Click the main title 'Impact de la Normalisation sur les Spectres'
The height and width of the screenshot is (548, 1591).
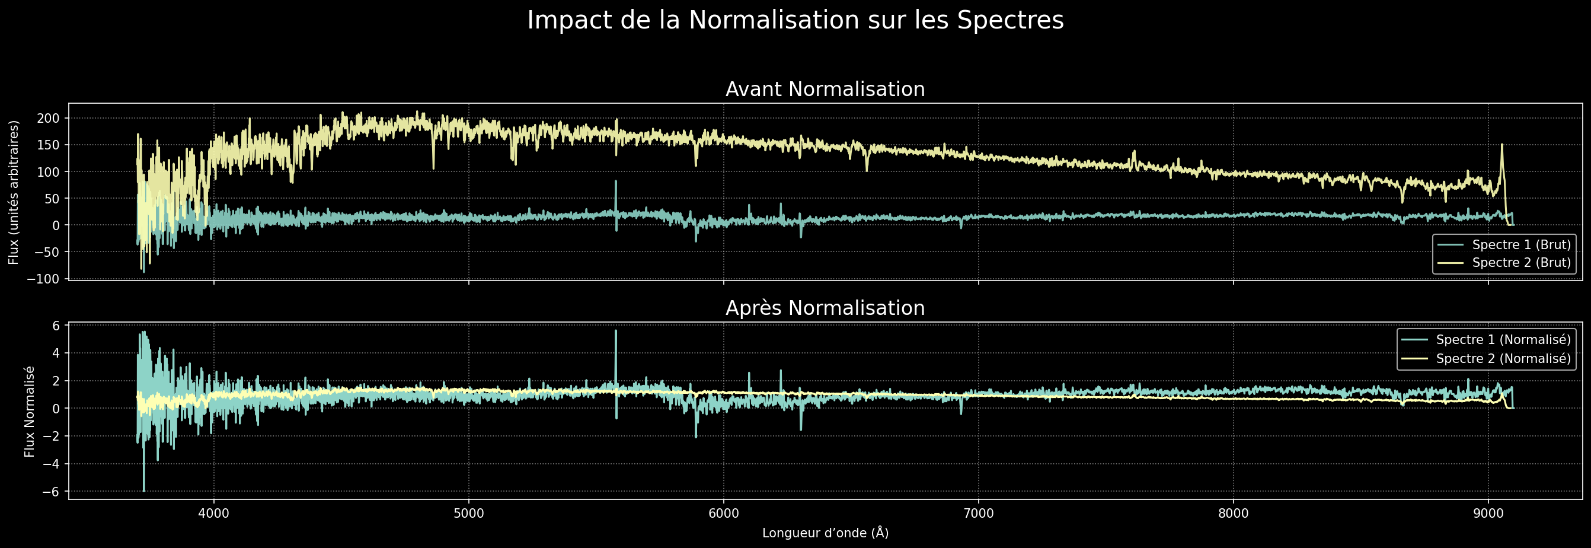[795, 20]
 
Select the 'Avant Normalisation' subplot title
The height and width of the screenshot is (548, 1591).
[825, 90]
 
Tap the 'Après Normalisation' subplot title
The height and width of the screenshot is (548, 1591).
[825, 308]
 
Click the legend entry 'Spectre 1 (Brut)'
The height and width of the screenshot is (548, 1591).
[1520, 245]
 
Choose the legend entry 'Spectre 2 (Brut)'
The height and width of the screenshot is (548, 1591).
[1520, 263]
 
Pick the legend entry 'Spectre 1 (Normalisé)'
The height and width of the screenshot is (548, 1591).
[1503, 340]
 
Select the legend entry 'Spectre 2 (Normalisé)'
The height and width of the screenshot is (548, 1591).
[1503, 359]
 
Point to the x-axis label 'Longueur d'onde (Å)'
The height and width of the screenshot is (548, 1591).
[825, 533]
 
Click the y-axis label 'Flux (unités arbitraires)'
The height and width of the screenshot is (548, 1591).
[14, 192]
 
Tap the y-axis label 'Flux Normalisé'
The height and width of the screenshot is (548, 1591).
[30, 412]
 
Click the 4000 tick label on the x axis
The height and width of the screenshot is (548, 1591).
[214, 514]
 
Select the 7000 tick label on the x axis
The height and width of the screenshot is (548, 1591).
[978, 514]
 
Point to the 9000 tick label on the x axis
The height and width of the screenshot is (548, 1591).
[1488, 514]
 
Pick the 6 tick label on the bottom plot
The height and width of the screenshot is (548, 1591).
[56, 326]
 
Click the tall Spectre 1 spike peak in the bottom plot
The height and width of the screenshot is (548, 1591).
[616, 331]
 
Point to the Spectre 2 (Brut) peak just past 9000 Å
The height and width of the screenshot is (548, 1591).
[1502, 145]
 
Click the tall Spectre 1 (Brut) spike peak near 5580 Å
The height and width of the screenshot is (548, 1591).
[616, 181]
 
